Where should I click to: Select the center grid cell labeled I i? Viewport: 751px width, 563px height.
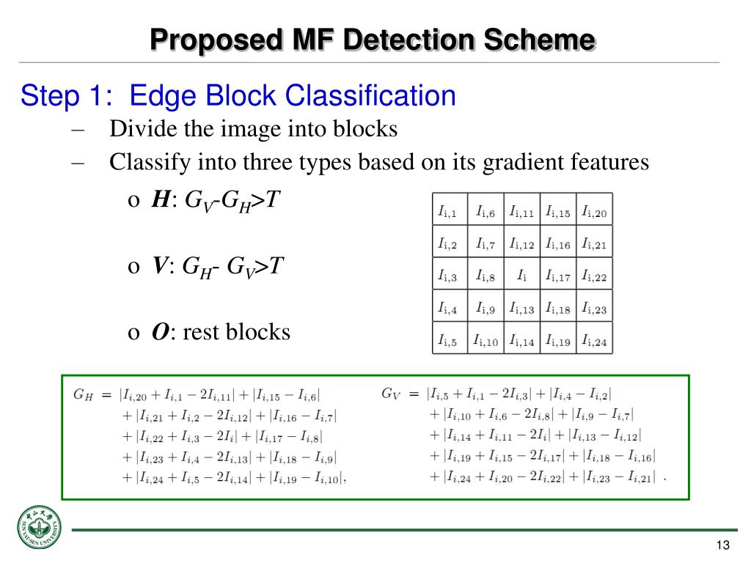pos(521,276)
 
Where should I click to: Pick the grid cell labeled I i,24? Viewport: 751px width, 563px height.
pos(594,341)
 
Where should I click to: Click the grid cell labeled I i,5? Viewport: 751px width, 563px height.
pos(448,341)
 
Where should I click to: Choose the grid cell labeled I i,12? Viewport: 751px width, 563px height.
pos(521,244)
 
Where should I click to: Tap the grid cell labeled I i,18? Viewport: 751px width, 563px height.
pos(558,309)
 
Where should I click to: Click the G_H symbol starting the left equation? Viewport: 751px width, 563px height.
pos(82,394)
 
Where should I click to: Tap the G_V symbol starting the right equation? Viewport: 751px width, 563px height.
pos(390,393)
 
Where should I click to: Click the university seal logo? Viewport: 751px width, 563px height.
pos(40,528)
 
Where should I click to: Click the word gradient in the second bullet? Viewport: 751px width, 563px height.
pos(516,162)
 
